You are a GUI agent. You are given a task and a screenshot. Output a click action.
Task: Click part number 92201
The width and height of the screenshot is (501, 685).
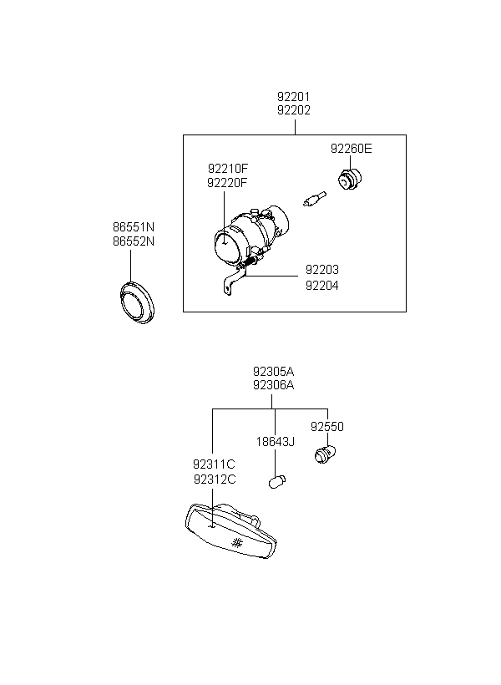pos(294,96)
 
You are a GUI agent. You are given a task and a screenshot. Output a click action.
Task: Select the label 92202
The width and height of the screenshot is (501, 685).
pos(294,110)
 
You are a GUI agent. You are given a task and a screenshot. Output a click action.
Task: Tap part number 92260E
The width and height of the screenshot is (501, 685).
pos(352,149)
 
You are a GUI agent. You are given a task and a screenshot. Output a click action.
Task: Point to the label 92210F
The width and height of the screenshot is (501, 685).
pos(228,168)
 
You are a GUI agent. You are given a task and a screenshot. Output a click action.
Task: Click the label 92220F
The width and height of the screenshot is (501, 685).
pos(227,183)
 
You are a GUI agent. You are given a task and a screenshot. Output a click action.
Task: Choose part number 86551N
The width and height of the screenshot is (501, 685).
pos(134,227)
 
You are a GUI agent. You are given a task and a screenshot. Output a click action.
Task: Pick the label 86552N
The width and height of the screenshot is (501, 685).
pos(134,241)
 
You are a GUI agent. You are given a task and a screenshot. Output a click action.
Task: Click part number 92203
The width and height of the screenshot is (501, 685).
pos(322,270)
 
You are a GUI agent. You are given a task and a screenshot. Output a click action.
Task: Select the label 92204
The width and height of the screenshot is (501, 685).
pos(322,285)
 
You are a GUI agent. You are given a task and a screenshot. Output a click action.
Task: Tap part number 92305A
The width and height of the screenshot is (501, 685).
pos(273,372)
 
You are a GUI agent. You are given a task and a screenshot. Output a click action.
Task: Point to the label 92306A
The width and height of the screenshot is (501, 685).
pos(273,385)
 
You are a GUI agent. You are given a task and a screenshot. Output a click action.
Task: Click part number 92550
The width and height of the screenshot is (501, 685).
pos(327,426)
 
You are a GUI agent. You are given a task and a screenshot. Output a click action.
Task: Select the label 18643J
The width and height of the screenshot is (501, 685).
pos(276,442)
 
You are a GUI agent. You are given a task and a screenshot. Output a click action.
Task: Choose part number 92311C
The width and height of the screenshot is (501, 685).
pos(214,464)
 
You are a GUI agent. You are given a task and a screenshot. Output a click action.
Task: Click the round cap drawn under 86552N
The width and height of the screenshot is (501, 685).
pos(137,302)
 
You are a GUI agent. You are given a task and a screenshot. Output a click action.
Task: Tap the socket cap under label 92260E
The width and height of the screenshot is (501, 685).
pos(351,180)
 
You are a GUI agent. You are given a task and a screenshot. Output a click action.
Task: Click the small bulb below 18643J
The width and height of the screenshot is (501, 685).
pos(277,482)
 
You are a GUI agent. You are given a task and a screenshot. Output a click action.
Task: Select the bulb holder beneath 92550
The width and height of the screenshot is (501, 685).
pos(325,454)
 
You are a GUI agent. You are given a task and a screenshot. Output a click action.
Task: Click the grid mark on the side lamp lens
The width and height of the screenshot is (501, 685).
pos(237,543)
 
